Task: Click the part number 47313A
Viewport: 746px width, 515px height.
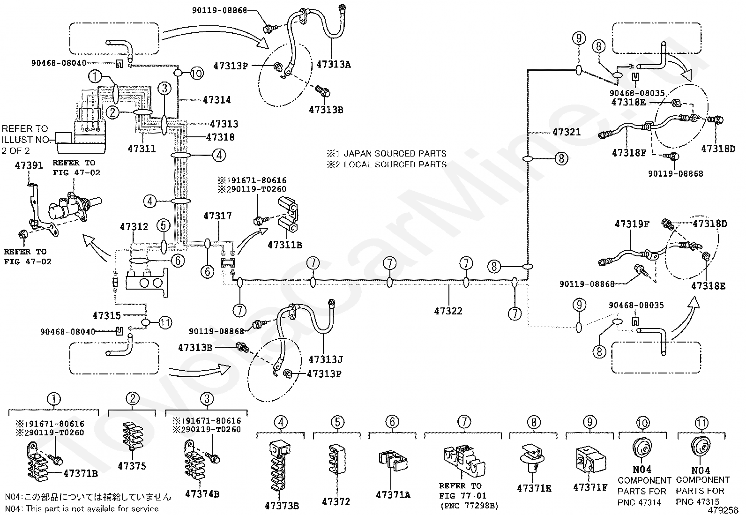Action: click(x=333, y=64)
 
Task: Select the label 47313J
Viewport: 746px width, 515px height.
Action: click(x=325, y=359)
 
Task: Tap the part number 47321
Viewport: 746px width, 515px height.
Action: click(x=567, y=132)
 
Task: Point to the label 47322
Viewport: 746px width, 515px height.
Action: click(x=448, y=311)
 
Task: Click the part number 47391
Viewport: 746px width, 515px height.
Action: click(x=29, y=165)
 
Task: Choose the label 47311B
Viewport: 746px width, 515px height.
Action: click(x=285, y=245)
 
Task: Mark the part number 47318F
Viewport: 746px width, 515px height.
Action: click(x=629, y=153)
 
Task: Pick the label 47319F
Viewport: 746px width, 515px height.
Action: click(x=632, y=224)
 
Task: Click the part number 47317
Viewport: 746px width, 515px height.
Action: click(x=217, y=216)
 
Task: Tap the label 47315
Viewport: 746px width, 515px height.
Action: click(x=106, y=315)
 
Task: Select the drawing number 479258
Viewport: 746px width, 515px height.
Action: click(x=723, y=510)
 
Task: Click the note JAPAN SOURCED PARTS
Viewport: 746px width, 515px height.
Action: click(x=395, y=154)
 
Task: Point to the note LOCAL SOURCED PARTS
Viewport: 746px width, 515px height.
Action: click(x=395, y=164)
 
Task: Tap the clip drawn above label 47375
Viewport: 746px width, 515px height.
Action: click(x=133, y=436)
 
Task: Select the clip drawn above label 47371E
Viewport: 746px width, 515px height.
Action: click(x=532, y=458)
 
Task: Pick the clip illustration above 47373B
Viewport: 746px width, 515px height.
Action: click(x=279, y=465)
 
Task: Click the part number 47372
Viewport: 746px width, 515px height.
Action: click(x=336, y=502)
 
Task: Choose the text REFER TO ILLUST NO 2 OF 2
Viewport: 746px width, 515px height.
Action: click(x=25, y=140)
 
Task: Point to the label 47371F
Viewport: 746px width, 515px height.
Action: click(x=590, y=487)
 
